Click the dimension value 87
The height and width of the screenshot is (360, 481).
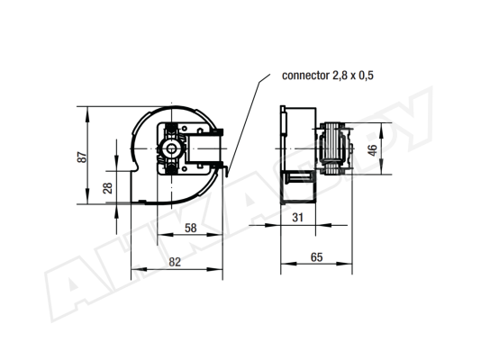(82, 157)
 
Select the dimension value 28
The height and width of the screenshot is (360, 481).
(108, 188)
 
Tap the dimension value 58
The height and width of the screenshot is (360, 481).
(190, 228)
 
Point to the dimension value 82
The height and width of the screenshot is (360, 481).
(175, 262)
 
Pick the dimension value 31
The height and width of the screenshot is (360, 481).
(297, 218)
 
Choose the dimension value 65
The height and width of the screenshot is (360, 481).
(316, 257)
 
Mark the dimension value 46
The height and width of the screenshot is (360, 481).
(372, 150)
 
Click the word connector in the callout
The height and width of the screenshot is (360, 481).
(305, 76)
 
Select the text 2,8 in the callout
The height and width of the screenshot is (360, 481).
(340, 76)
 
